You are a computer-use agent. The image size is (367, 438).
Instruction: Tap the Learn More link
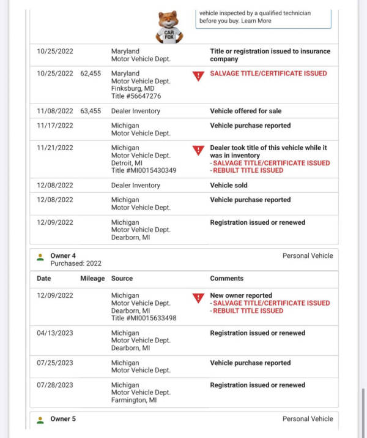pyautogui.click(x=256, y=21)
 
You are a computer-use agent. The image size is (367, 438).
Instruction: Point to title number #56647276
pyautogui.click(x=136, y=96)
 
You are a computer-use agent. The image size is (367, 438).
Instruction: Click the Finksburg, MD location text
pyautogui.click(x=133, y=88)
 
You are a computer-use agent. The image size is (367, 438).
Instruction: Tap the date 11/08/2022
pyautogui.click(x=55, y=111)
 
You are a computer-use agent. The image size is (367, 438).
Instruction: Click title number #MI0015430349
pyautogui.click(x=144, y=170)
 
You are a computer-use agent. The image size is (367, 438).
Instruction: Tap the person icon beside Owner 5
pyautogui.click(x=40, y=420)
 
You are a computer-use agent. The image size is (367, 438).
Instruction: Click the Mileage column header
pyautogui.click(x=92, y=278)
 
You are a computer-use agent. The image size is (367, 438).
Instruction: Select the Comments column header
pyautogui.click(x=227, y=278)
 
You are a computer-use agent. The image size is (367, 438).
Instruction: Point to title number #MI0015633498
pyautogui.click(x=144, y=318)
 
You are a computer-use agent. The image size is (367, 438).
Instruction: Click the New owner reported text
pyautogui.click(x=241, y=295)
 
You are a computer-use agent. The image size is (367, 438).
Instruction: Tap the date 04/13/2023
pyautogui.click(x=55, y=333)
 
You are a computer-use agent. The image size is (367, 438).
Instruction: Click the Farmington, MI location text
pyautogui.click(x=134, y=400)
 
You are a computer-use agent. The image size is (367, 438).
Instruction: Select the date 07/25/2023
pyautogui.click(x=55, y=363)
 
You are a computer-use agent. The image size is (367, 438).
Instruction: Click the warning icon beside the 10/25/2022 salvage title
pyautogui.click(x=198, y=77)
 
